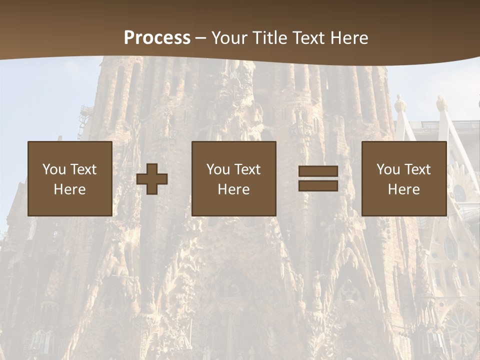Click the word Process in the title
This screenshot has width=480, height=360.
(x=157, y=37)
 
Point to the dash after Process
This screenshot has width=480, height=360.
(x=200, y=38)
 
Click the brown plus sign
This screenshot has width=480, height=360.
(x=152, y=178)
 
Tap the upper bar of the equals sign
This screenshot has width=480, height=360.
(x=318, y=171)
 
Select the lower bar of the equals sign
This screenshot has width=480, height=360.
(x=318, y=185)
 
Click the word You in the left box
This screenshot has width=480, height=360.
(x=54, y=169)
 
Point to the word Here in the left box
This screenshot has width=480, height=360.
(x=69, y=189)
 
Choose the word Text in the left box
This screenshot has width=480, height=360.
(x=82, y=169)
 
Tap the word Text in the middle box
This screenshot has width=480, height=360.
(x=247, y=169)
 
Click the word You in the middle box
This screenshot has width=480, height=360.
(x=218, y=169)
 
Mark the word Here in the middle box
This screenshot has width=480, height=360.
(x=233, y=189)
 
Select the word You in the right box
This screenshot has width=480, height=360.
(x=388, y=169)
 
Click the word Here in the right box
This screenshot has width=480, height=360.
(x=403, y=189)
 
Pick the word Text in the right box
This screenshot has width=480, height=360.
(x=417, y=169)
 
